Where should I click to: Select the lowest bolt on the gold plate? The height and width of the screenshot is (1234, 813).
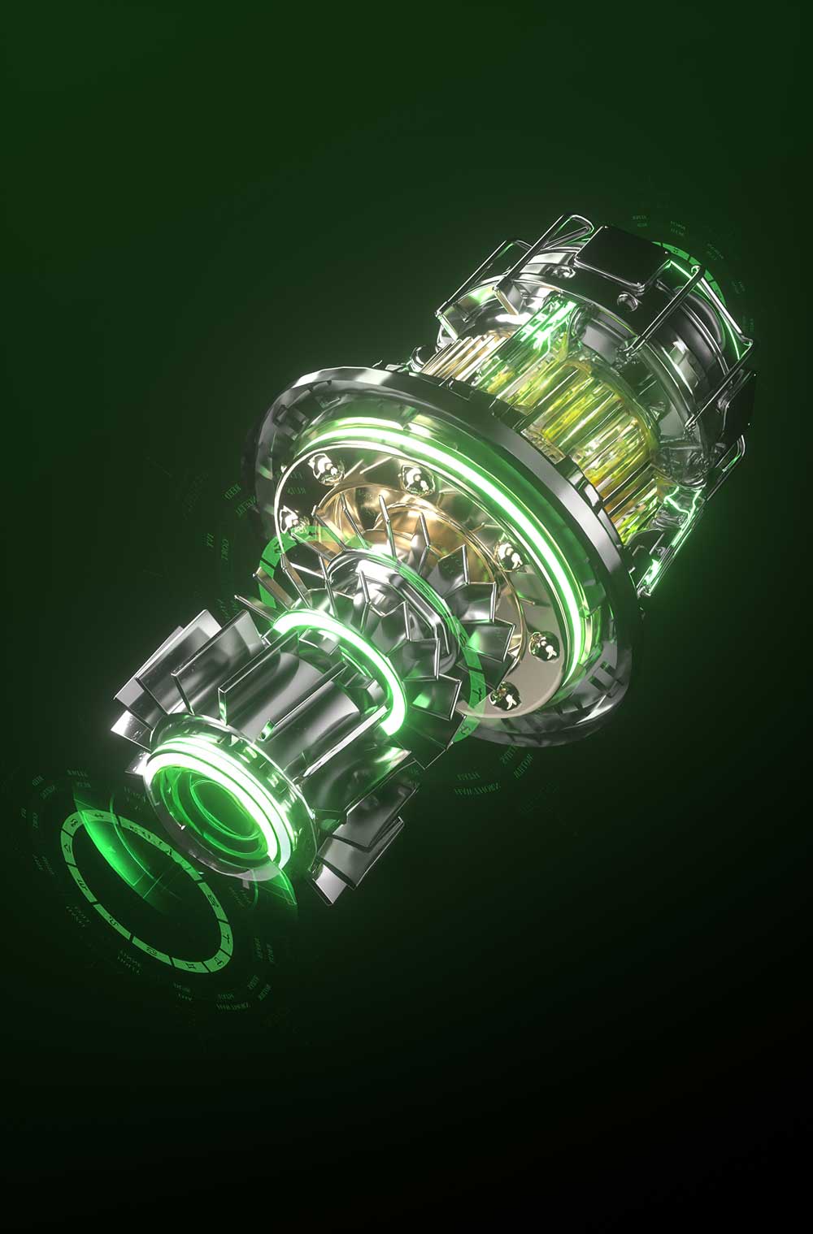[506, 692]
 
